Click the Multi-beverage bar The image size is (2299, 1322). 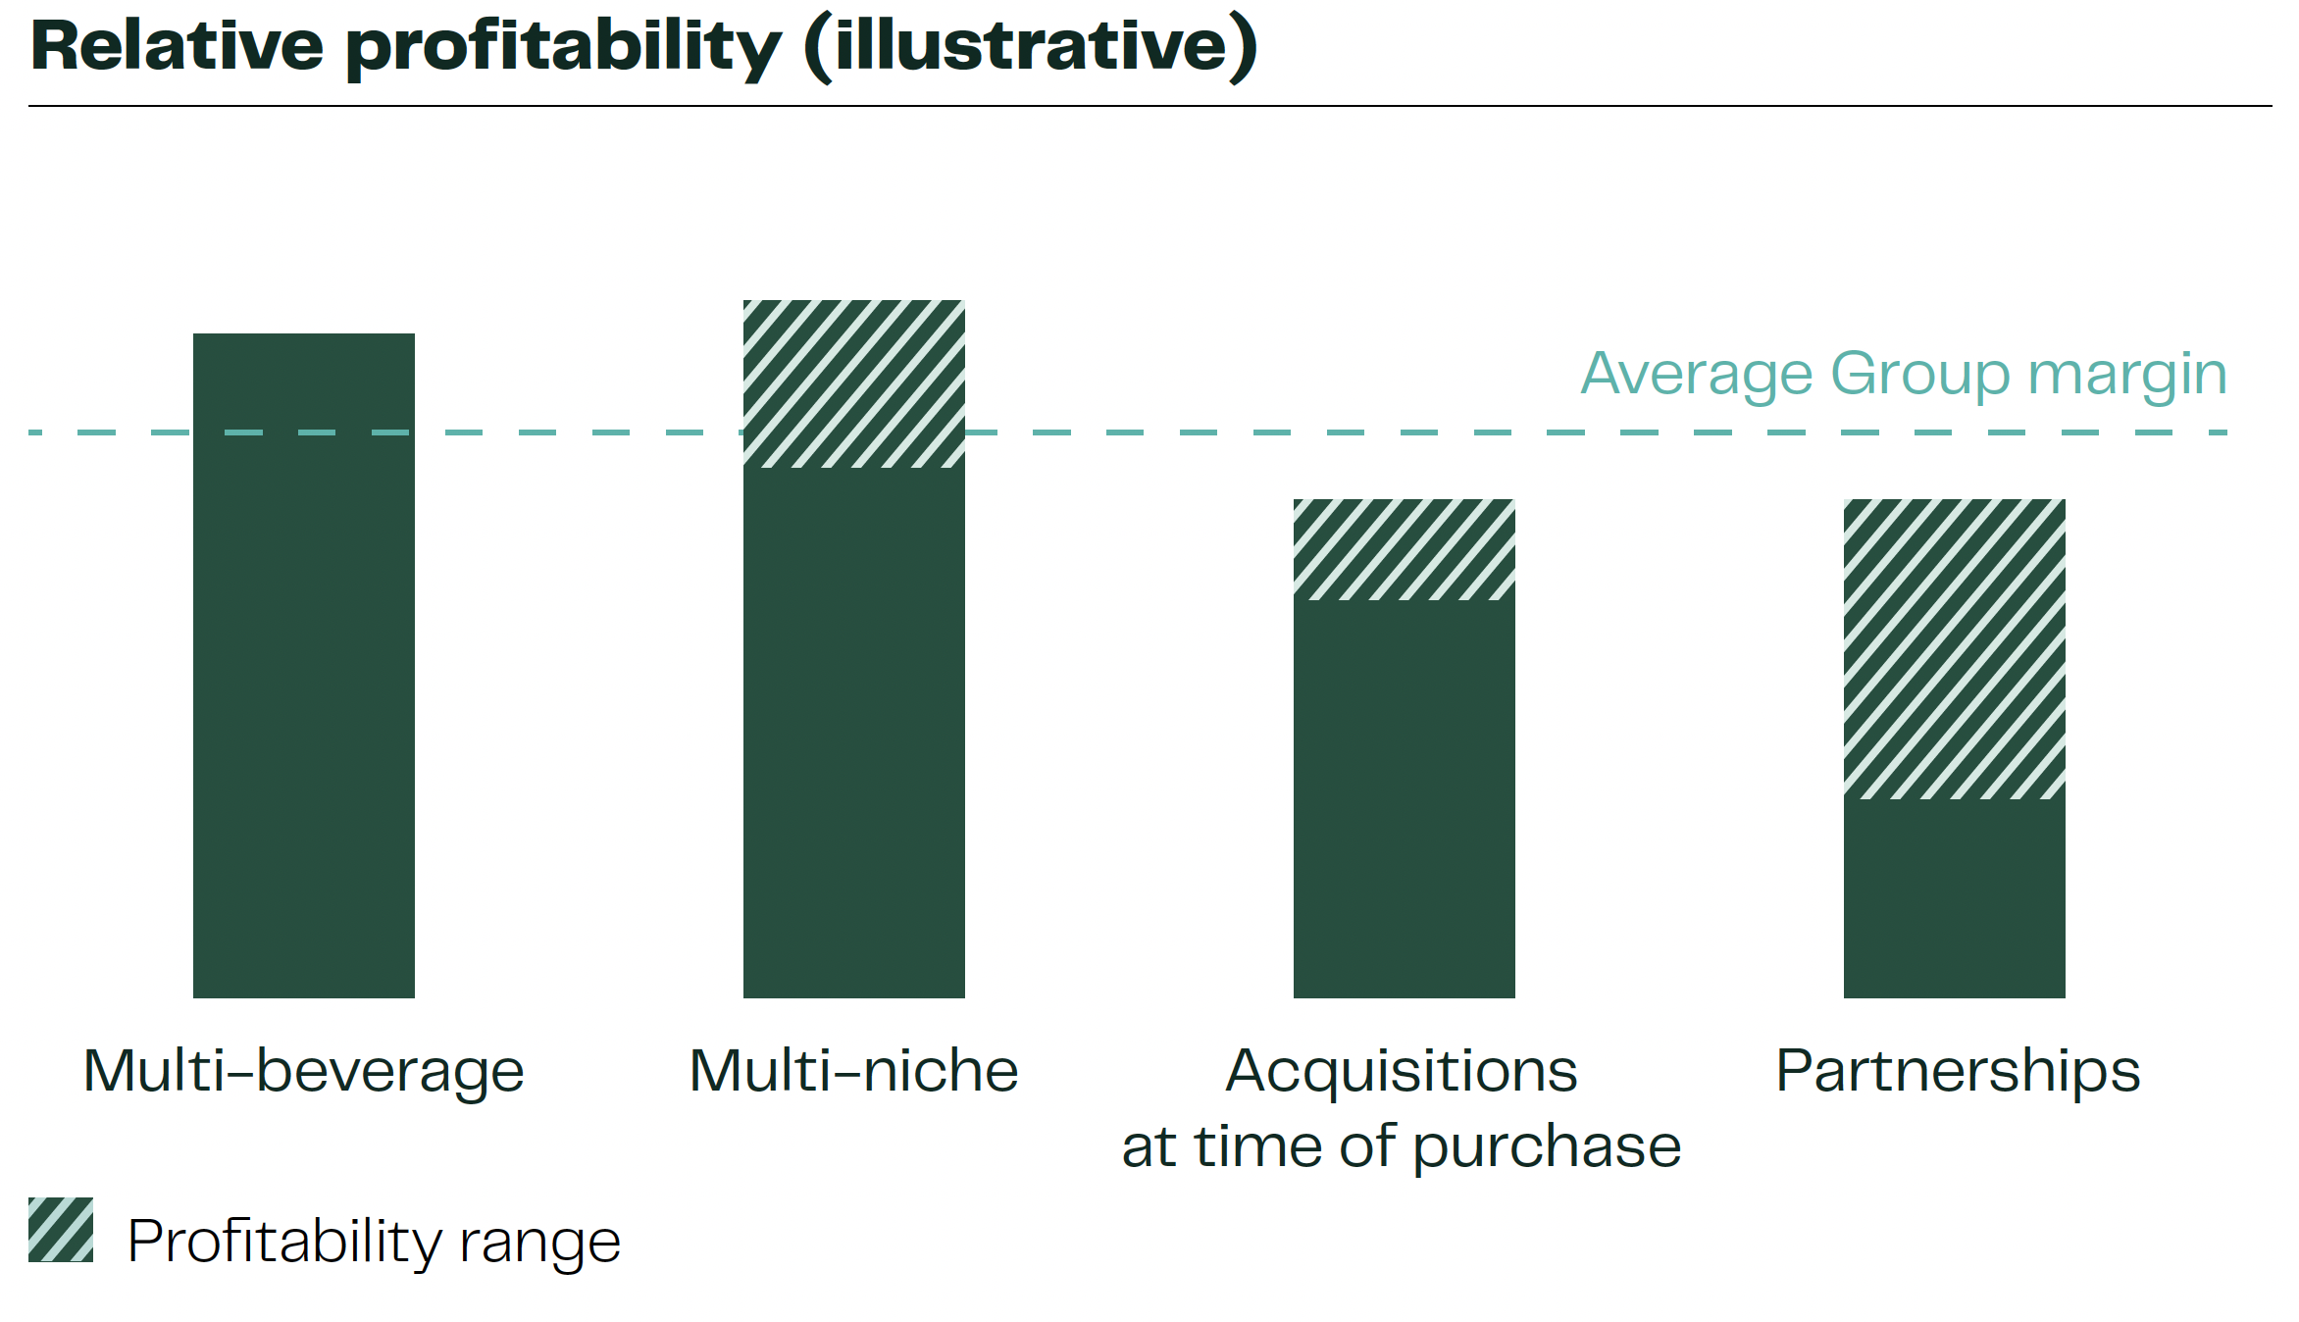pyautogui.click(x=304, y=666)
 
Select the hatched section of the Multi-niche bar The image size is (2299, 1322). pyautogui.click(x=854, y=383)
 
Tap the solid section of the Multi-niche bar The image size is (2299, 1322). pyautogui.click(x=854, y=733)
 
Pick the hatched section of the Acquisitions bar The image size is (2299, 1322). pyautogui.click(x=1405, y=549)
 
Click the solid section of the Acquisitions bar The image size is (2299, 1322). pyautogui.click(x=1405, y=799)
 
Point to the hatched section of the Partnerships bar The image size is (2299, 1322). pyautogui.click(x=1955, y=649)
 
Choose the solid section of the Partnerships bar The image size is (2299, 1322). pyautogui.click(x=1955, y=898)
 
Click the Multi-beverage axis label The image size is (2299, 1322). pyautogui.click(x=304, y=1071)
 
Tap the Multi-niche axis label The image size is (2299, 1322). pyautogui.click(x=854, y=1071)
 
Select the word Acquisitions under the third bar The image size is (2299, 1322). pyautogui.click(x=1402, y=1071)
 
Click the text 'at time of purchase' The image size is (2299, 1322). pyautogui.click(x=1402, y=1147)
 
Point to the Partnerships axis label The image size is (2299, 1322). pyautogui.click(x=1958, y=1071)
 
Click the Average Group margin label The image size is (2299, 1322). pyautogui.click(x=1904, y=376)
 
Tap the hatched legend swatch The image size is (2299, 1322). pyautogui.click(x=61, y=1229)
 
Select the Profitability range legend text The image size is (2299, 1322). pyautogui.click(x=374, y=1243)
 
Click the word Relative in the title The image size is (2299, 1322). pyautogui.click(x=178, y=45)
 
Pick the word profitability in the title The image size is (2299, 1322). pyautogui.click(x=564, y=49)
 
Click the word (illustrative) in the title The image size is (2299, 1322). pyautogui.click(x=1031, y=47)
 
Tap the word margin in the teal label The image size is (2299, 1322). pyautogui.click(x=2127, y=378)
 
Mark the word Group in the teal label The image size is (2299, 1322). pyautogui.click(x=1919, y=378)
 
